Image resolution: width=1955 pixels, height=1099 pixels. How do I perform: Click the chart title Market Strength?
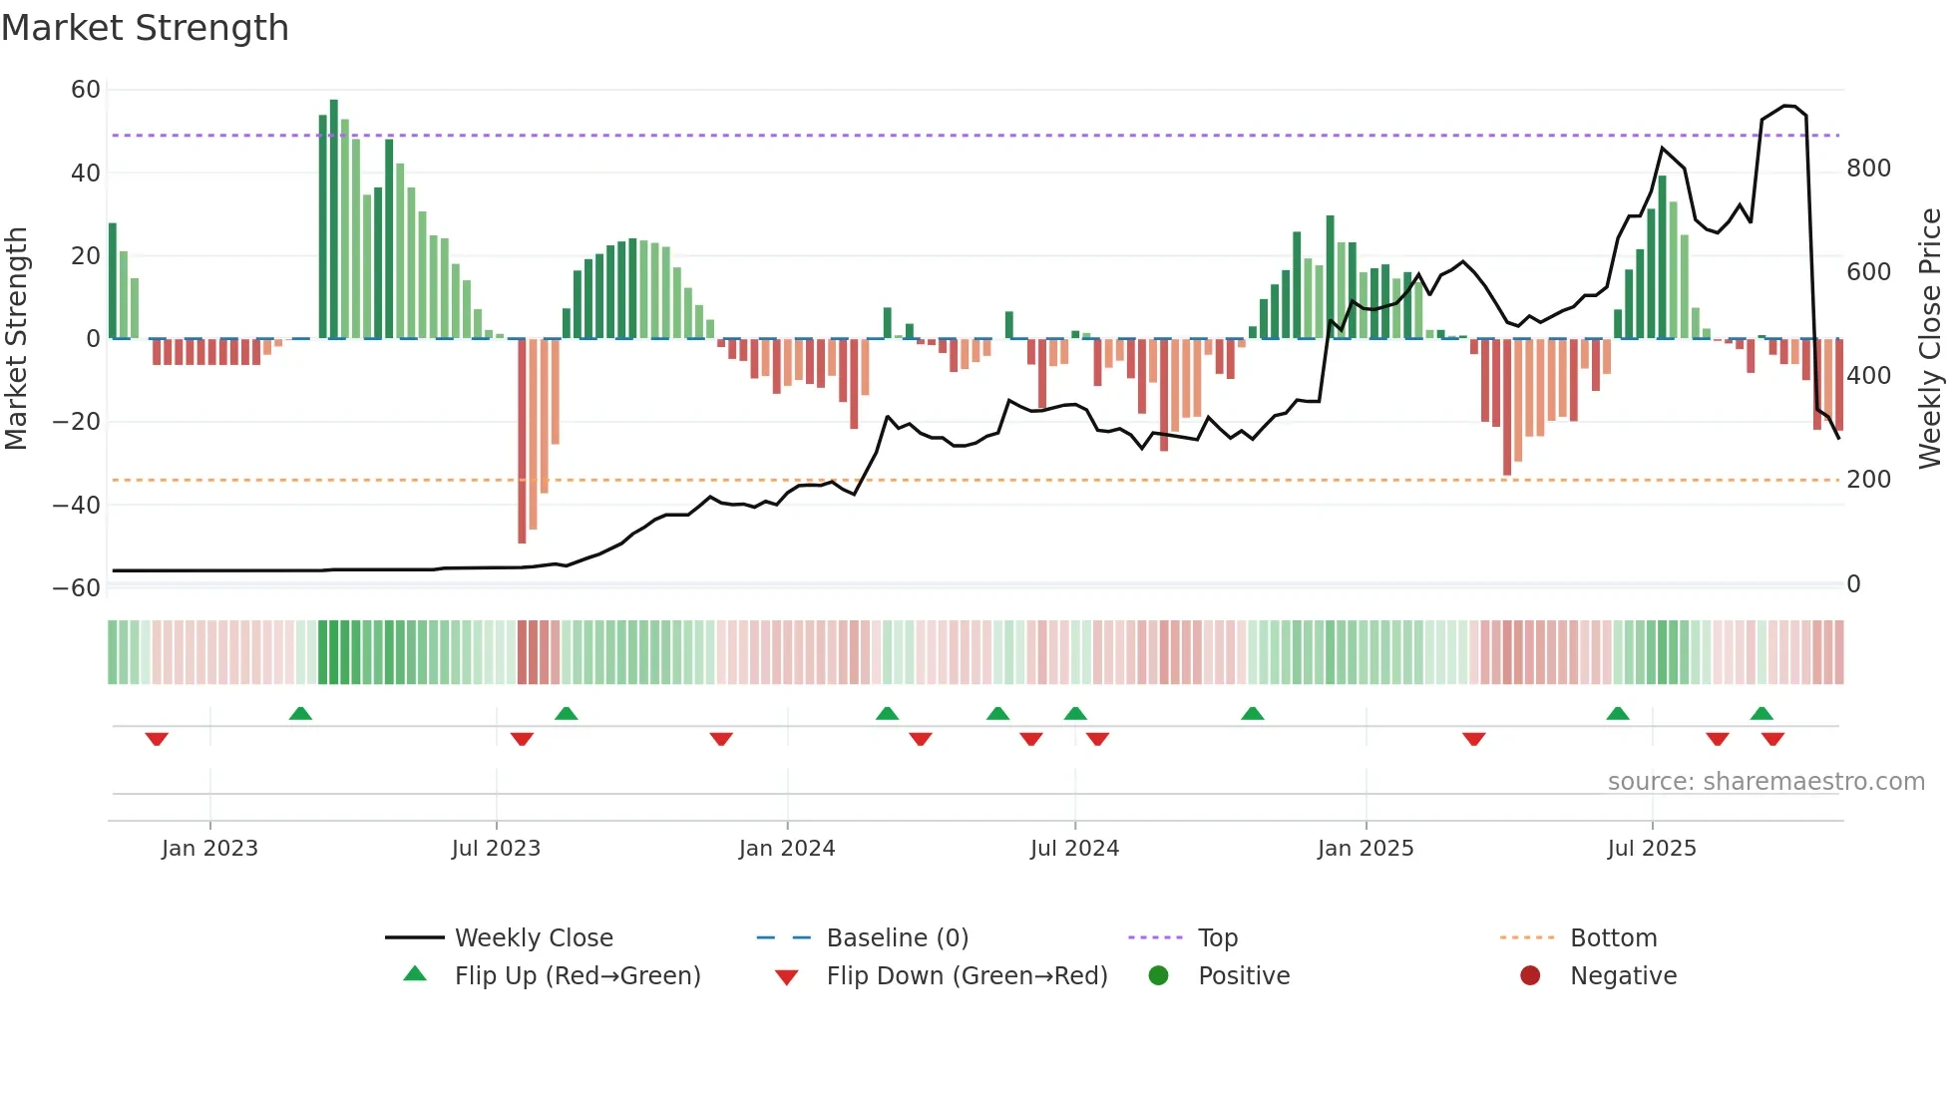click(x=145, y=28)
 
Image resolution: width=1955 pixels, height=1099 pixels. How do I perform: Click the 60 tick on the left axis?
click(x=86, y=90)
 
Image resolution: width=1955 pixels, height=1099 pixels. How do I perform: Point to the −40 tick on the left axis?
click(x=77, y=505)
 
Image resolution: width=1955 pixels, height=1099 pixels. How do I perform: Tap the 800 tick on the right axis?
click(x=1868, y=169)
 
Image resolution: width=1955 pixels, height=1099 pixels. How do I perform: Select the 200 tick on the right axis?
click(x=1868, y=480)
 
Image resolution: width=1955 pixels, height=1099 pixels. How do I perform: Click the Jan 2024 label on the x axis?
click(x=787, y=849)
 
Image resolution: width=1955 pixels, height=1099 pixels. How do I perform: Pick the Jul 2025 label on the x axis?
click(x=1652, y=849)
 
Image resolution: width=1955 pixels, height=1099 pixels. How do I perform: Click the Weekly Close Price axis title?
click(x=1930, y=339)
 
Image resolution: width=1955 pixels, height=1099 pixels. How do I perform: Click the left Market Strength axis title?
click(x=17, y=339)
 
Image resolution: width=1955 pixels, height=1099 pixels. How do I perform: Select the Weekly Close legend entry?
click(x=534, y=938)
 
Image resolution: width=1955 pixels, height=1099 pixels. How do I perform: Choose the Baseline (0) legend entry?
click(x=897, y=938)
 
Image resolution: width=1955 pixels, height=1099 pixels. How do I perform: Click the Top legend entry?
click(x=1217, y=938)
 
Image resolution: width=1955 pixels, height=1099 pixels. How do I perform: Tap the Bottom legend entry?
click(x=1613, y=938)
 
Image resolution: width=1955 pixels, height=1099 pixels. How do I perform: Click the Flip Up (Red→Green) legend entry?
click(x=577, y=976)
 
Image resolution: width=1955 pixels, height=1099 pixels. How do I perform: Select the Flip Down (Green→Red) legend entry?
click(x=967, y=976)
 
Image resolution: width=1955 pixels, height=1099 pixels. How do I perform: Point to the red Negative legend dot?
click(x=1530, y=976)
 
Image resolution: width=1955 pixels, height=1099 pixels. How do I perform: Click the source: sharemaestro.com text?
click(x=1765, y=782)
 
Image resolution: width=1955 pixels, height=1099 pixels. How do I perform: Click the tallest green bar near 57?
click(x=334, y=219)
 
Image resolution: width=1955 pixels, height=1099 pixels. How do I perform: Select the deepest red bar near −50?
click(x=522, y=441)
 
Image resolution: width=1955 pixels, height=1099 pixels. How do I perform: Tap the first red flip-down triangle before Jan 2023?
click(x=157, y=739)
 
